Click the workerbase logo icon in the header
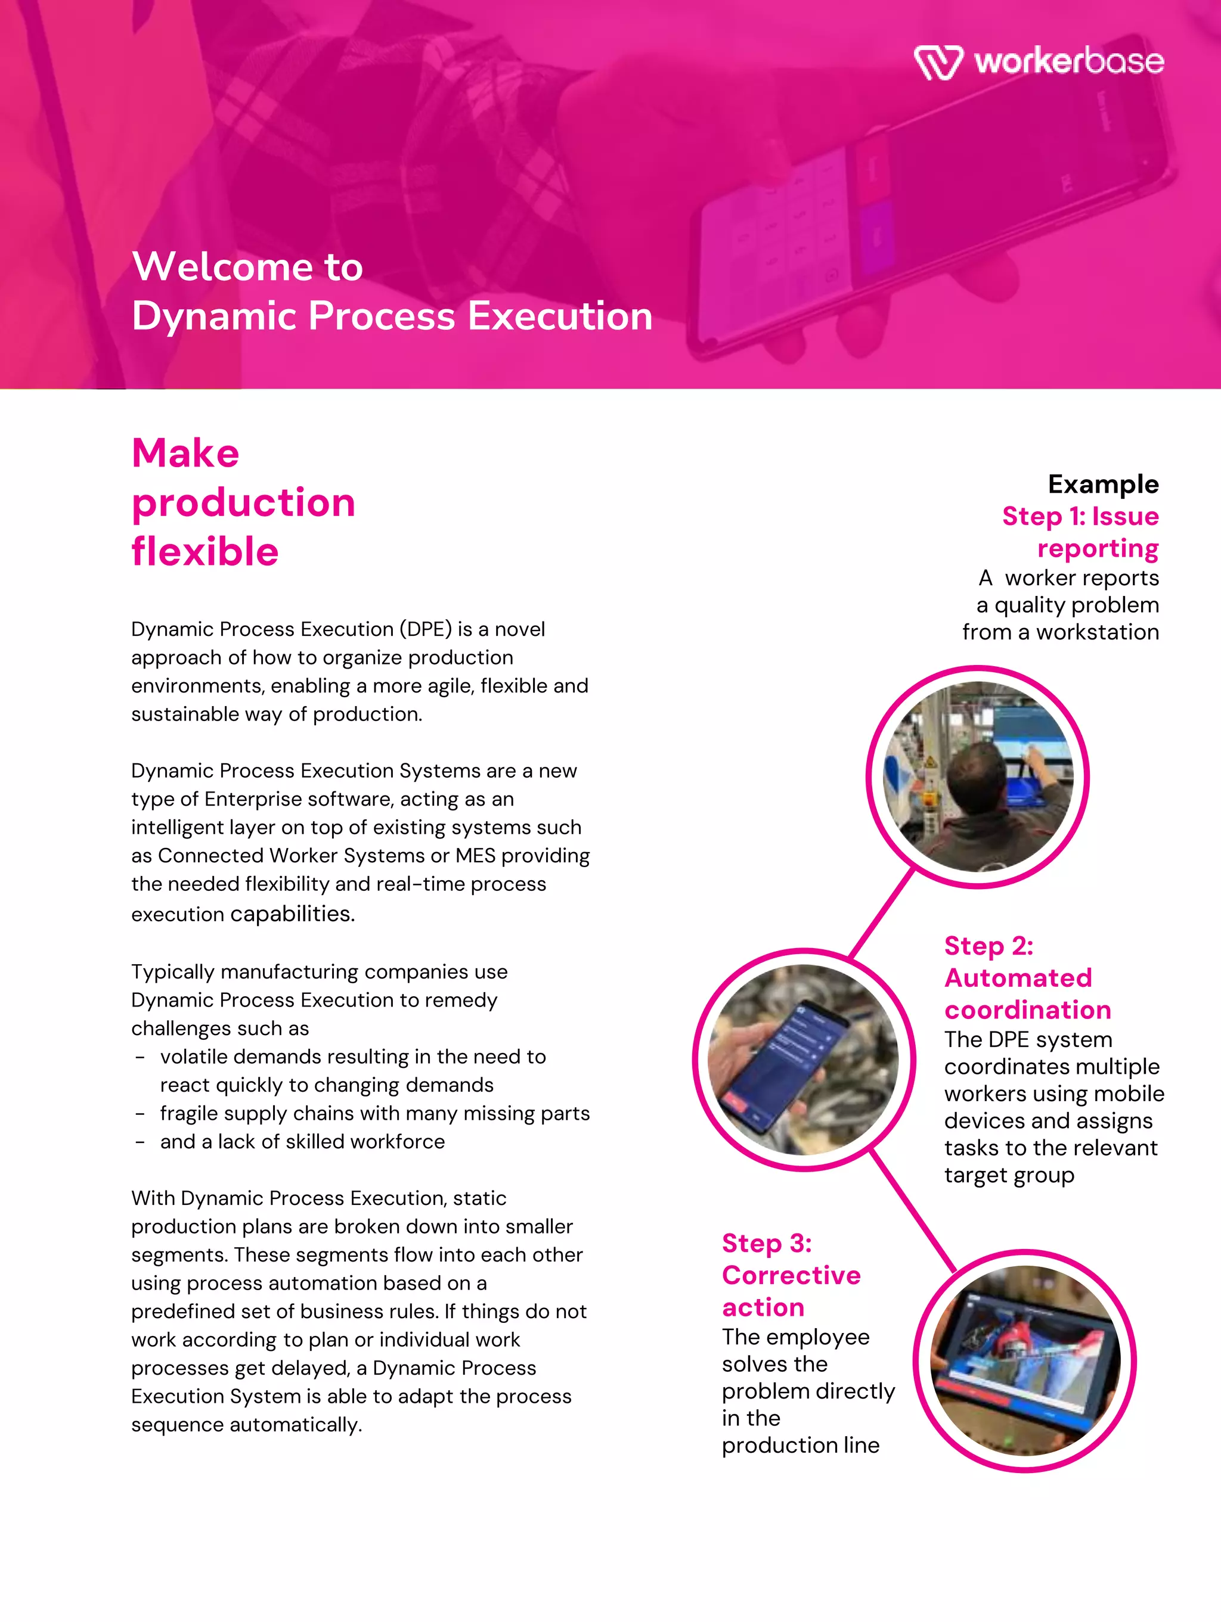938,63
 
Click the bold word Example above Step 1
1103,484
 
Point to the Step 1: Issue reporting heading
1081,532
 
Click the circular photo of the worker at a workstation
977,776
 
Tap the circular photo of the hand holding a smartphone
804,1059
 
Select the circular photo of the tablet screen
1024,1360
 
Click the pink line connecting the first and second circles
881,913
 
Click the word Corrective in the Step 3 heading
791,1275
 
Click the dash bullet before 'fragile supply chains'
140,1114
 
